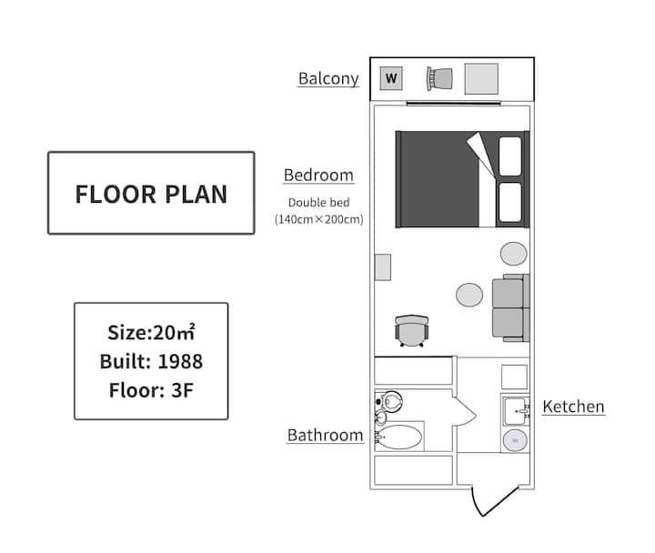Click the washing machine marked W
(x=391, y=78)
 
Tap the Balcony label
(x=328, y=78)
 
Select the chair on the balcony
(x=439, y=78)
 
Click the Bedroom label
(x=318, y=175)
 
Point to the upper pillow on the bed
(x=510, y=156)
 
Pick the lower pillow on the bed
(x=510, y=202)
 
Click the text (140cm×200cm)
(x=318, y=219)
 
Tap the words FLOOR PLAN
(x=151, y=195)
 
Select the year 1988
(x=180, y=361)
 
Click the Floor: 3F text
(x=151, y=390)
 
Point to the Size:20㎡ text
(x=151, y=333)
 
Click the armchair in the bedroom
(x=412, y=331)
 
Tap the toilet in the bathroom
(x=389, y=402)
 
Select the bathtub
(x=399, y=437)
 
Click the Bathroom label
(x=325, y=436)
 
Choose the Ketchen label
(x=573, y=407)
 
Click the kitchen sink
(x=517, y=411)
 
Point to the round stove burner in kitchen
(x=515, y=440)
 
